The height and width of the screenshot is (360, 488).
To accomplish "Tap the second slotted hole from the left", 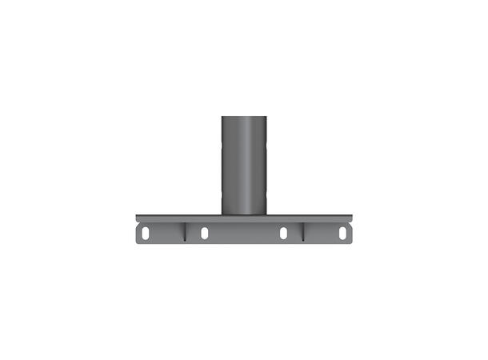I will pos(204,233).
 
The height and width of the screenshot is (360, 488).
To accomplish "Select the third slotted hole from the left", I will pos(284,233).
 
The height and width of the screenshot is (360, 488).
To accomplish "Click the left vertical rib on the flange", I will pos(185,231).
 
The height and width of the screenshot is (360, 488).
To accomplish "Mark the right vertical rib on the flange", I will pos(303,231).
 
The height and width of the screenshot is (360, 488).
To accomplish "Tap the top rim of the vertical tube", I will pos(244,118).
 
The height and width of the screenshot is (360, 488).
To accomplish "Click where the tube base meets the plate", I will pos(244,214).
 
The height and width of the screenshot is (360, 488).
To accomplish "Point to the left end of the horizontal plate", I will pos(138,218).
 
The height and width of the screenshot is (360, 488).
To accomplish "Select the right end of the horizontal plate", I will pos(350,218).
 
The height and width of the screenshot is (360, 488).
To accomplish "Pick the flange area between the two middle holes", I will pos(244,233).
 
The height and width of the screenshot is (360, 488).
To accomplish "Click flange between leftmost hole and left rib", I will pos(166,233).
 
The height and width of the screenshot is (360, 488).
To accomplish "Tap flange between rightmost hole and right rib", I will pos(322,233).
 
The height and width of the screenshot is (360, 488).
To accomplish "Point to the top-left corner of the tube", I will pos(222,118).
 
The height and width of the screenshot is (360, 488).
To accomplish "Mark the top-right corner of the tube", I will pos(266,118).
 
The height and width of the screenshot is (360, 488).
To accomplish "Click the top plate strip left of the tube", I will pos(180,218).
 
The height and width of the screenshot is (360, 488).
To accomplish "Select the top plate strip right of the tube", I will pos(308,218).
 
